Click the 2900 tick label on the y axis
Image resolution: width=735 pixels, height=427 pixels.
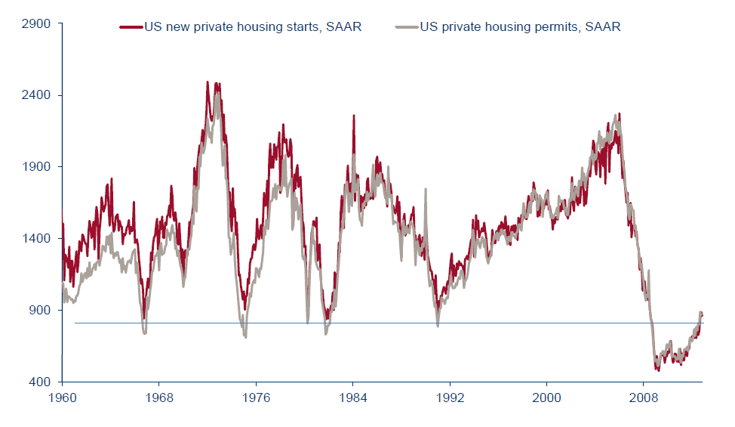[x=37, y=23]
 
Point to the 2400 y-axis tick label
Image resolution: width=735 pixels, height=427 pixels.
[x=37, y=95]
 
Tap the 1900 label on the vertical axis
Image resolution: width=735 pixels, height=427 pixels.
[x=37, y=167]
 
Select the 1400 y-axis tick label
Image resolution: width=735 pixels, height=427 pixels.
[x=37, y=239]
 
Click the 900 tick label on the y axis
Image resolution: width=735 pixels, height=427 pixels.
[x=40, y=310]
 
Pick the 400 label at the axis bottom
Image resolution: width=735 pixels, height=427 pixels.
[x=40, y=382]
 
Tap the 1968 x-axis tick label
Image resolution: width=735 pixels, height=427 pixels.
[x=158, y=396]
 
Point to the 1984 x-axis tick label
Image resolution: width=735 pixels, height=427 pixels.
[x=352, y=396]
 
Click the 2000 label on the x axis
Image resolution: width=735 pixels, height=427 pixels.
[x=546, y=396]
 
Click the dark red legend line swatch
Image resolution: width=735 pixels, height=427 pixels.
[x=131, y=27]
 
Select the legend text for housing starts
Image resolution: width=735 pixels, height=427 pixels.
[x=252, y=27]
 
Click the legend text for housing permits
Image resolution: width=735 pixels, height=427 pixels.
[x=520, y=27]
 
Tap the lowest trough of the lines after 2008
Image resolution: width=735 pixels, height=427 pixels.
[x=658, y=369]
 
